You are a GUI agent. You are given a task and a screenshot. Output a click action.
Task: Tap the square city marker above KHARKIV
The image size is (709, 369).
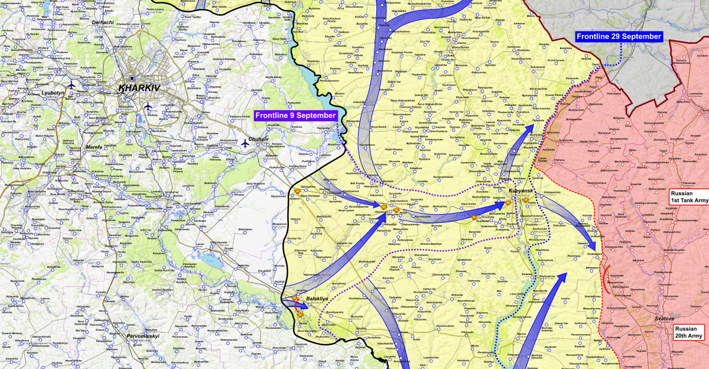[x=132, y=78]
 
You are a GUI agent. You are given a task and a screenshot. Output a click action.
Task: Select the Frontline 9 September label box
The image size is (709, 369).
[x=296, y=115]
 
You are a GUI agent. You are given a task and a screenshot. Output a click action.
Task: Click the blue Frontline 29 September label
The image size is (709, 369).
[x=619, y=37]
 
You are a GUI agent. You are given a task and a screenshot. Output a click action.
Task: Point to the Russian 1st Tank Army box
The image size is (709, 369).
[x=688, y=197]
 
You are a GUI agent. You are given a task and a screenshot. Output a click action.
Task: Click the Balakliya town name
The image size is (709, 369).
[x=317, y=299]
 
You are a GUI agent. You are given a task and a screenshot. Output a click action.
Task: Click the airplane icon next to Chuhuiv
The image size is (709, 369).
[x=245, y=143]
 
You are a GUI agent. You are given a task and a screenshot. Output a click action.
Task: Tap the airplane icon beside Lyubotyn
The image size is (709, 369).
[x=71, y=85]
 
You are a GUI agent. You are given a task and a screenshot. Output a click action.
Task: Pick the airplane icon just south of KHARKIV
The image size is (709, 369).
[x=148, y=106]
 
